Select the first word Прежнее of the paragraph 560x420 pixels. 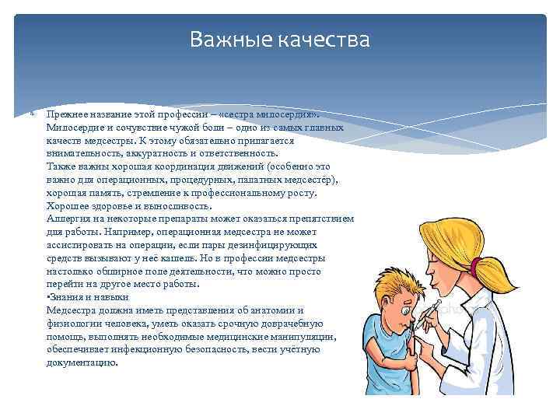(66, 113)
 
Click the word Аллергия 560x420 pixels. (68, 219)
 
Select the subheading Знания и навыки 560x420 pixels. (88, 297)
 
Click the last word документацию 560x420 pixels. (82, 363)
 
